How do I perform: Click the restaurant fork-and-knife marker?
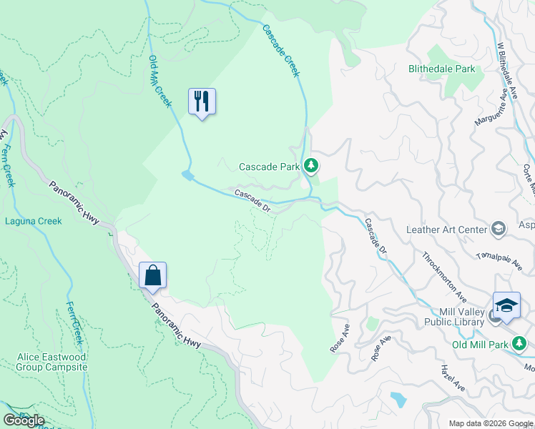pos(202,102)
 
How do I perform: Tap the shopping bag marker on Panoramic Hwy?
pos(152,275)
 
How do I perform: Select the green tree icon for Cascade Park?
pos(310,166)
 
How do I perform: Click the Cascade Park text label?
pos(269,167)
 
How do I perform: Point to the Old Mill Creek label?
pos(160,82)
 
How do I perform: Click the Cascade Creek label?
pos(280,51)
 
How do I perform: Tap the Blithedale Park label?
pos(441,69)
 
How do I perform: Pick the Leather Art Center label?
pos(446,230)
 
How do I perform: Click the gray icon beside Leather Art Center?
pos(498,229)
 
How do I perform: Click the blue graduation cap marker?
pos(506,305)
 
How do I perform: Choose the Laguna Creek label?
pos(34,221)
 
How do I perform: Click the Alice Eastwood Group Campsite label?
pos(52,362)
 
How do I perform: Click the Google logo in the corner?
pos(24,420)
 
